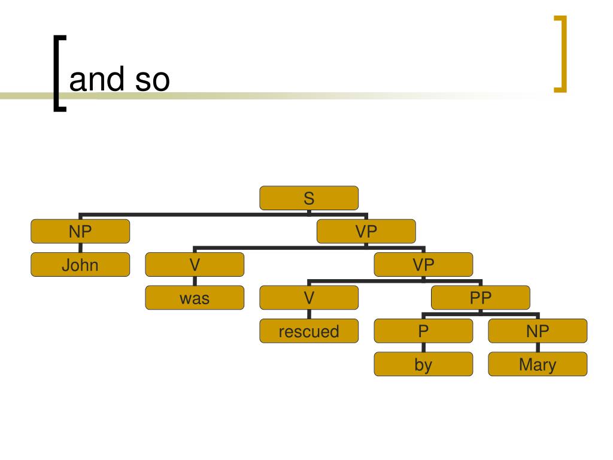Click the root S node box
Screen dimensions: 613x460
coord(309,198)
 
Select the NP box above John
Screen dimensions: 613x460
coord(80,231)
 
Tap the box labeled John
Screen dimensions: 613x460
coord(80,264)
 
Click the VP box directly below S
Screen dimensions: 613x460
coord(366,231)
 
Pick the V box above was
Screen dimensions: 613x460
coord(195,264)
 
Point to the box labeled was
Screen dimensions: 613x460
coord(195,298)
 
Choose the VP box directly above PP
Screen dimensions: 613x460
coord(423,264)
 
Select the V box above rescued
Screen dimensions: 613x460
coord(309,298)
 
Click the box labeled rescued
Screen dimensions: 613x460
coord(309,331)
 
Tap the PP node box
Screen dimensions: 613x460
coord(481,298)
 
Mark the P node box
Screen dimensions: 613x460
coord(423,331)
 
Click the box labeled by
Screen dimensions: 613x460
coord(423,364)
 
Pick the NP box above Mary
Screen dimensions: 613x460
coord(538,331)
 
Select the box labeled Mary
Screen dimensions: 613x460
coord(538,364)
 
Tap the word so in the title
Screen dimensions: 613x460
coord(152,80)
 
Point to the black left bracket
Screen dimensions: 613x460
coord(58,73)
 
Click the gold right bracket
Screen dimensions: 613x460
coord(560,55)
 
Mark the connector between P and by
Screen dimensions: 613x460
coord(423,347)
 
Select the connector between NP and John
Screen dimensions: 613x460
coord(80,248)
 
